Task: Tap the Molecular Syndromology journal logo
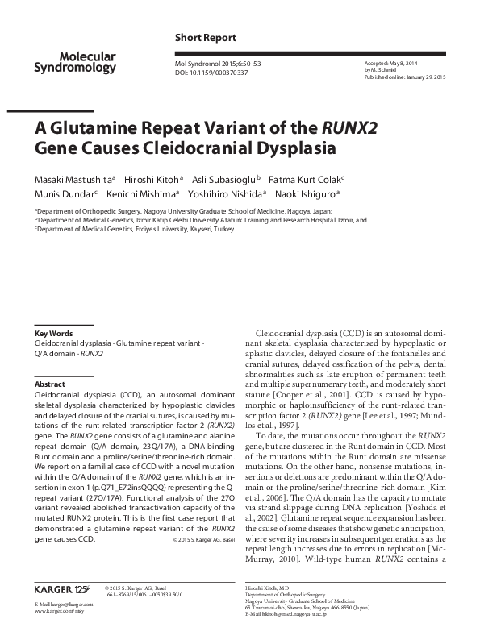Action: [x=87, y=61]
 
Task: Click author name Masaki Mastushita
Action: [x=74, y=178]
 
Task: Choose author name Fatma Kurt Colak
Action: [x=307, y=178]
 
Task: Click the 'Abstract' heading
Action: [x=51, y=384]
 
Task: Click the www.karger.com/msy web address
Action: [x=57, y=612]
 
